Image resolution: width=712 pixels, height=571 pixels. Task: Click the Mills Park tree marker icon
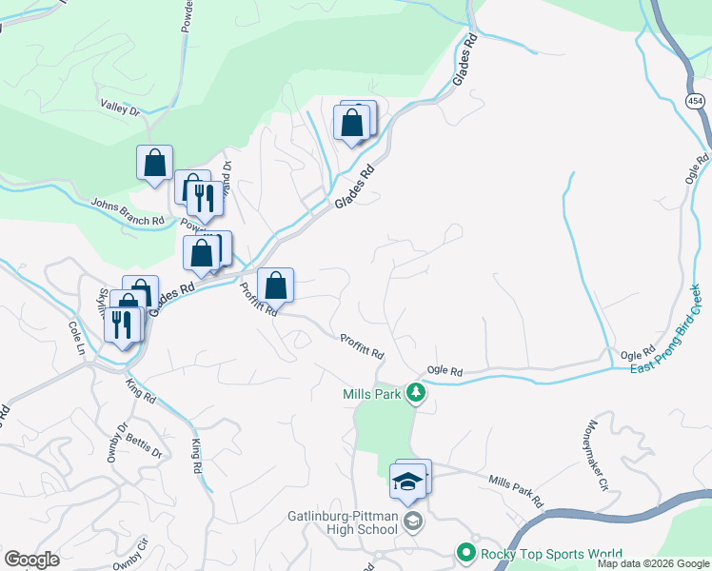pos(415,392)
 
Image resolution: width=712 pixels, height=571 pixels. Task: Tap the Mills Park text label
pos(372,393)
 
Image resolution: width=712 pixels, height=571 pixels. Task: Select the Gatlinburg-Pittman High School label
pos(342,523)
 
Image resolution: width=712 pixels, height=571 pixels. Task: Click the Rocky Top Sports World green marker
pos(465,552)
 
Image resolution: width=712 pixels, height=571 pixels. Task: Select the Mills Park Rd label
pos(514,491)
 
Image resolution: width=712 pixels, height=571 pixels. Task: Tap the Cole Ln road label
pos(75,337)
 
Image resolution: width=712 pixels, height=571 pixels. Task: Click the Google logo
pos(31,560)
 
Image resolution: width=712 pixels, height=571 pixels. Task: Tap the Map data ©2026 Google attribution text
pos(653,563)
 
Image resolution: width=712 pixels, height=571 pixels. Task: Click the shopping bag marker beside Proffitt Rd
pos(275,285)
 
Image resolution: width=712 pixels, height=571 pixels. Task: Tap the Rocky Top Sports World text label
pos(551,553)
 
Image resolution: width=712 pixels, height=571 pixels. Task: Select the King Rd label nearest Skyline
pos(140,390)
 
